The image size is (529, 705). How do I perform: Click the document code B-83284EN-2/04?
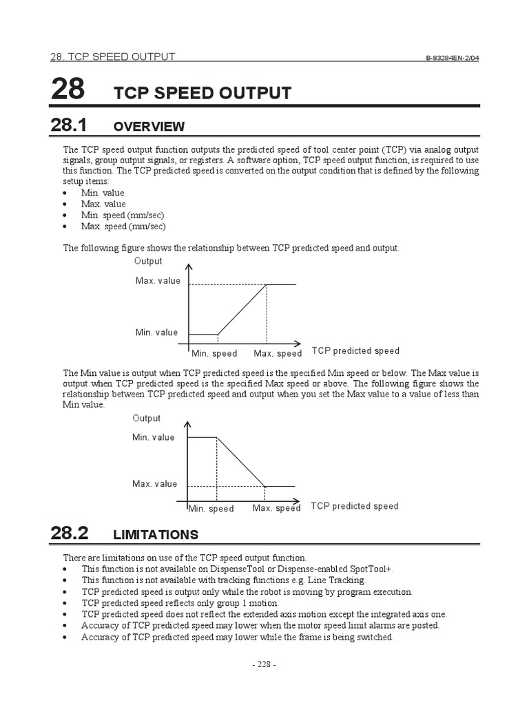point(452,58)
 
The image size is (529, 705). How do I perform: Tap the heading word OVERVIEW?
point(149,127)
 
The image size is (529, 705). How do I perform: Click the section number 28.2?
point(69,533)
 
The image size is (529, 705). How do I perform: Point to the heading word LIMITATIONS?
point(155,535)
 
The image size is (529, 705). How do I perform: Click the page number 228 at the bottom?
point(264,664)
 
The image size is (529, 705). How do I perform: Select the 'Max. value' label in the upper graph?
point(158,281)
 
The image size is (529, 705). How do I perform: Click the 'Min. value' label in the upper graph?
point(156,333)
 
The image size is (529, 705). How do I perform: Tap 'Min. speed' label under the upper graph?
point(214,354)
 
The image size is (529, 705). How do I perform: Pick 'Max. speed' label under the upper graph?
point(278,354)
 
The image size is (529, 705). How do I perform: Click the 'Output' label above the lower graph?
point(147,418)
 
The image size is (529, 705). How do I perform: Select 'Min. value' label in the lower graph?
point(154,437)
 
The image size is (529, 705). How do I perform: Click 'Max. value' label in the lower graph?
point(154,484)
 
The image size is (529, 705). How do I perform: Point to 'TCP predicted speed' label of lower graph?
point(354,506)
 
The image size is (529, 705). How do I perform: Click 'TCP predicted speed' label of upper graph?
point(355,351)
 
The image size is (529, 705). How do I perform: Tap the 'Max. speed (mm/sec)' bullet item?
point(123,226)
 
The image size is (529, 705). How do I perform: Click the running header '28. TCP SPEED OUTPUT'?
point(113,56)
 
